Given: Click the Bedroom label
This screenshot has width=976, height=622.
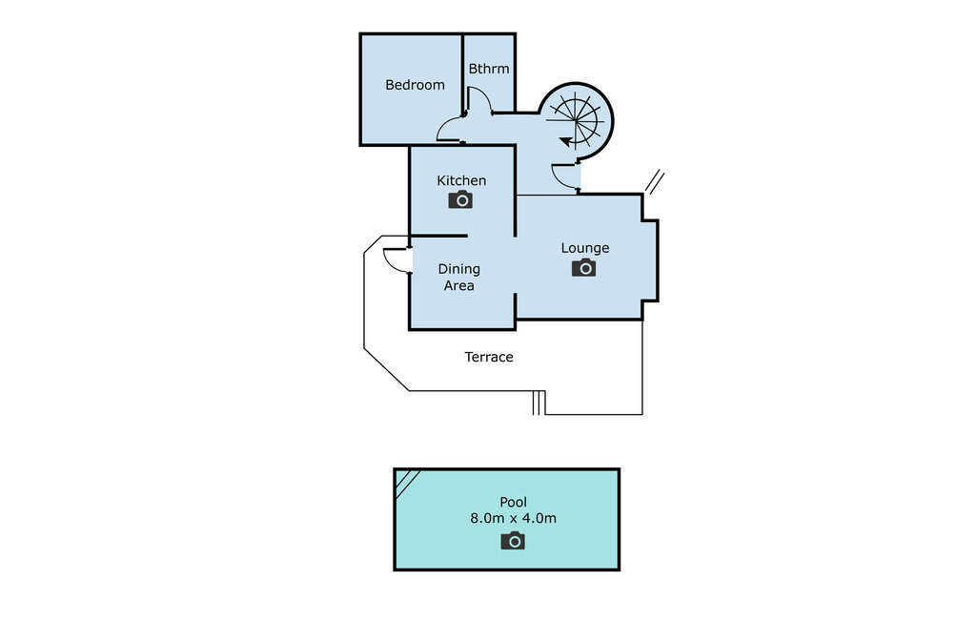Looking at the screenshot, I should click(x=415, y=85).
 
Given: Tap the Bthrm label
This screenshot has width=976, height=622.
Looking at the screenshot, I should click(x=489, y=69).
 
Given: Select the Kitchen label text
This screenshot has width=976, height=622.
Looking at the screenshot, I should click(x=461, y=180).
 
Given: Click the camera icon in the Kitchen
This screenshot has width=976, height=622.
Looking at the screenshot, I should click(x=460, y=199).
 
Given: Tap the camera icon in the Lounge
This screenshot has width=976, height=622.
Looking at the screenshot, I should click(x=584, y=268).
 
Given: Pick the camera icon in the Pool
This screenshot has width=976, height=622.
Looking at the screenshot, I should click(x=513, y=541).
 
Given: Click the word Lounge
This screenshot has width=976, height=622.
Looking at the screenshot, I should click(x=584, y=248).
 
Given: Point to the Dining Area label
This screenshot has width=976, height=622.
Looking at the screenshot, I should click(x=458, y=277).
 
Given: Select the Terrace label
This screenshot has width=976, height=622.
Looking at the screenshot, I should click(x=489, y=357).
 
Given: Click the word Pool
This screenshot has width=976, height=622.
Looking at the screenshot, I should click(x=513, y=502).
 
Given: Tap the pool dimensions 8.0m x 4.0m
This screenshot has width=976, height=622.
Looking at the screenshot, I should click(x=513, y=519).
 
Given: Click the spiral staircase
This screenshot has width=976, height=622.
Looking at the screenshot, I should click(x=577, y=119).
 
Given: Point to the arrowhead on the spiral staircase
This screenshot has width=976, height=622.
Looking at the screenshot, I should click(x=565, y=142).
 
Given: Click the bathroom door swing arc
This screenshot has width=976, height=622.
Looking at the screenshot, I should click(x=479, y=99).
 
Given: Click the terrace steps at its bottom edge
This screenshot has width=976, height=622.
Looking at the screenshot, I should click(x=539, y=404).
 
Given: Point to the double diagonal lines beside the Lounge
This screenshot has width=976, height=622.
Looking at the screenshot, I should click(x=655, y=182).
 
